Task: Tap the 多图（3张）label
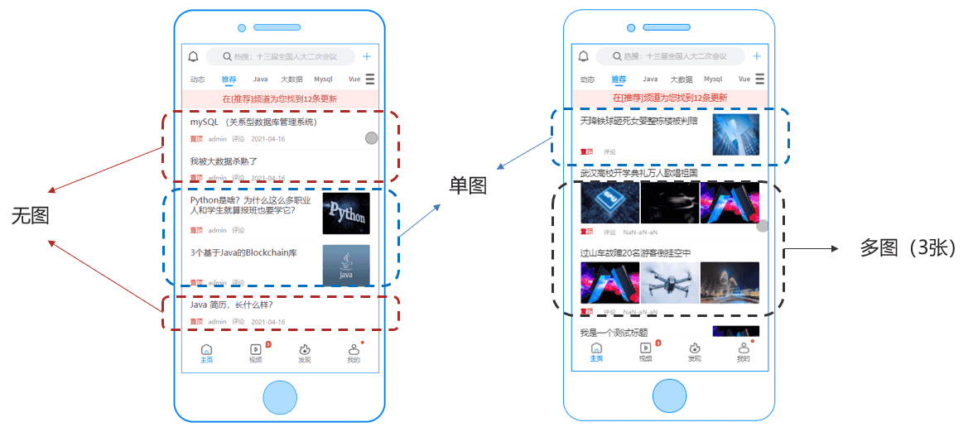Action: (x=908, y=248)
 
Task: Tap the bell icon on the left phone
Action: (x=194, y=57)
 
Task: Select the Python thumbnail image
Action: (x=346, y=214)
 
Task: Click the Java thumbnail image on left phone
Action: (x=346, y=265)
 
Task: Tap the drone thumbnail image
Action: (x=670, y=283)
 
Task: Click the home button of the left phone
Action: (x=280, y=396)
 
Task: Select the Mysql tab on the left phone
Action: (x=323, y=79)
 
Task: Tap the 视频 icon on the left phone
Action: (x=256, y=351)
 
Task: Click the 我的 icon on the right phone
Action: (x=744, y=351)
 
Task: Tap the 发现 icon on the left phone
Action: (x=305, y=351)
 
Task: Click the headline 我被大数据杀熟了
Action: (x=224, y=161)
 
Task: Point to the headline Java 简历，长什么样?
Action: (x=225, y=305)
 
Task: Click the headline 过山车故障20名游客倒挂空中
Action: (x=635, y=252)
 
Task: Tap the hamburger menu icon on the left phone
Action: (x=370, y=79)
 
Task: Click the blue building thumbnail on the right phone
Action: (x=735, y=134)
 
